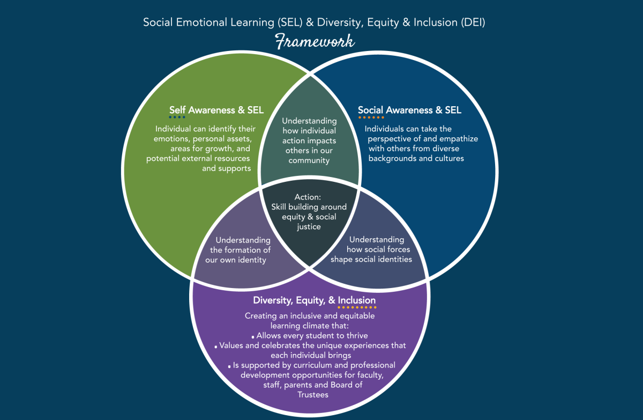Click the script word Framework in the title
(x=315, y=41)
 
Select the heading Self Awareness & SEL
(x=216, y=110)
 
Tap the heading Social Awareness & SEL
(x=409, y=110)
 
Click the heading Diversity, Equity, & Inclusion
(x=315, y=300)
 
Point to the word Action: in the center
(x=308, y=197)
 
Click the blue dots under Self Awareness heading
(x=177, y=117)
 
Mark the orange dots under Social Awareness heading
(x=371, y=117)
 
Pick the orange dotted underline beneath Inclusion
(x=357, y=307)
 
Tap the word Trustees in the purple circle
(x=313, y=394)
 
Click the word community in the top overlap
(x=309, y=160)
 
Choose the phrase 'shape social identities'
(x=371, y=260)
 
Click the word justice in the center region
(x=309, y=226)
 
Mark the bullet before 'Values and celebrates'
(x=215, y=347)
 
